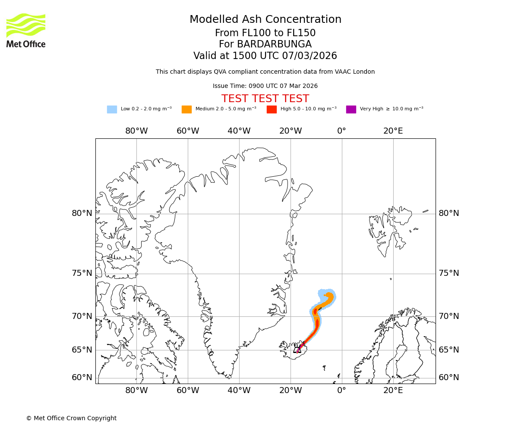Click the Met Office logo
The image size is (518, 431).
[x=26, y=30]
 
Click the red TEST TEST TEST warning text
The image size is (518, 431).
[x=265, y=99]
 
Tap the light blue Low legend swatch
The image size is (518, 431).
[x=112, y=109]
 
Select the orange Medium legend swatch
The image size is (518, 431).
[x=186, y=109]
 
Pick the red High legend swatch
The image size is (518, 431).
[x=272, y=109]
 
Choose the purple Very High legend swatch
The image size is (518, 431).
[x=351, y=109]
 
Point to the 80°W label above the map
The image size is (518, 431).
[x=136, y=131]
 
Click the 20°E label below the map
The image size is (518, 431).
[x=393, y=390]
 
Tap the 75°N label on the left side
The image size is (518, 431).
[x=82, y=273]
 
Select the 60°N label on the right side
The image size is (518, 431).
[x=449, y=378]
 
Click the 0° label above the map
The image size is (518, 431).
[x=341, y=131]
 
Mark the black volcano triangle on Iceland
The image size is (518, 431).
[x=297, y=349]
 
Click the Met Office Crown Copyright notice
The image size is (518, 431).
[x=71, y=418]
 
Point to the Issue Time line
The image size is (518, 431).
[x=265, y=86]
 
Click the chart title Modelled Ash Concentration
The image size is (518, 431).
[x=265, y=19]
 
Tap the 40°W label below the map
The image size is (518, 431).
[x=239, y=390]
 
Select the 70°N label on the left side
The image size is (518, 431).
[x=82, y=316]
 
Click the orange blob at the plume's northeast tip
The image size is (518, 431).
[x=329, y=297]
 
